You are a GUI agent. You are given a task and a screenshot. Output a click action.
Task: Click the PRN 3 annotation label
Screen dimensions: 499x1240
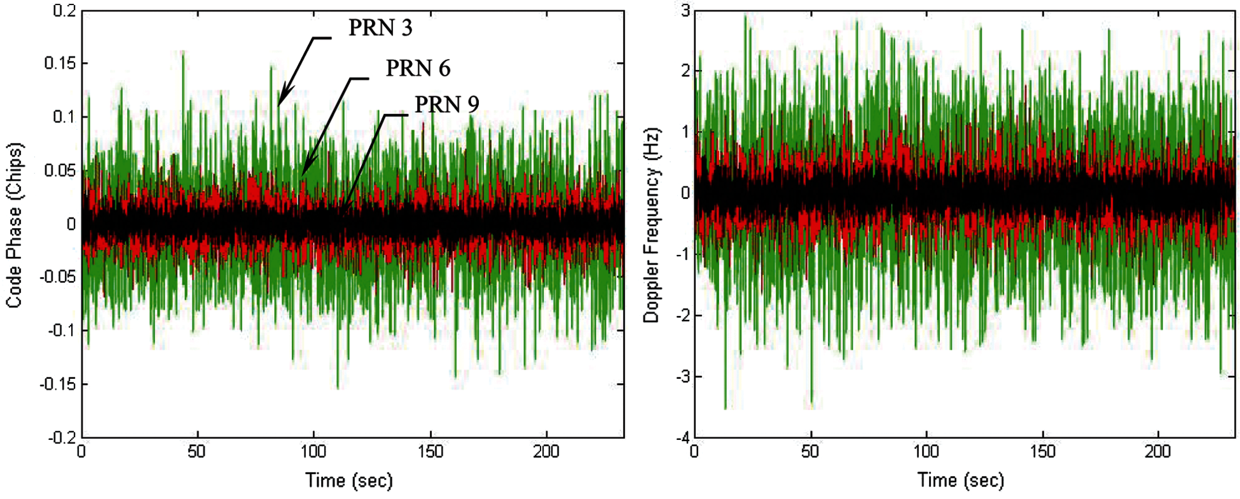point(380,28)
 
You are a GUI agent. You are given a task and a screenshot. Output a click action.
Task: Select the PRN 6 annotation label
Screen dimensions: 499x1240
point(418,68)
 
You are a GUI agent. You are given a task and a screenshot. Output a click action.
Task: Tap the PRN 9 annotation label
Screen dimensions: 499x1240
point(447,105)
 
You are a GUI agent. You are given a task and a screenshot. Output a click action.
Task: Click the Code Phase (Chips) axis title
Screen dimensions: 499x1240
point(14,225)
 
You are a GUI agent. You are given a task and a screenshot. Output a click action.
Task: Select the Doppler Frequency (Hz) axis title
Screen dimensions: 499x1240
point(652,225)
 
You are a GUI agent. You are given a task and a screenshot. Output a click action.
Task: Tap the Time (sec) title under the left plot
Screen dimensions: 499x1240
point(349,480)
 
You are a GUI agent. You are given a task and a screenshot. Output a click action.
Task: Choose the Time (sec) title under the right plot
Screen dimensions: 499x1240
point(960,480)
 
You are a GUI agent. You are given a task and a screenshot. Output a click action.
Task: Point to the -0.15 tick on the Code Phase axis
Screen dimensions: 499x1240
point(58,384)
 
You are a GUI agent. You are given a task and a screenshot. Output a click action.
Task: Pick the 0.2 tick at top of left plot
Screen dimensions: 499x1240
point(64,10)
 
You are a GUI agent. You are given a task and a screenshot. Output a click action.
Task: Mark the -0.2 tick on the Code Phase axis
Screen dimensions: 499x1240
point(62,437)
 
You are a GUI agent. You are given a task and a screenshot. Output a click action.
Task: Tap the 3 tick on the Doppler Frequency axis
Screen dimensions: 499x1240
point(685,10)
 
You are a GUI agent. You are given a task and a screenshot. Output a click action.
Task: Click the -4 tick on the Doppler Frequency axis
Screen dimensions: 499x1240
point(683,437)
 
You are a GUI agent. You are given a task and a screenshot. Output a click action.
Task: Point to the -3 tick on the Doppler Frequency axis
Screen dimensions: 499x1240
point(683,376)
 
